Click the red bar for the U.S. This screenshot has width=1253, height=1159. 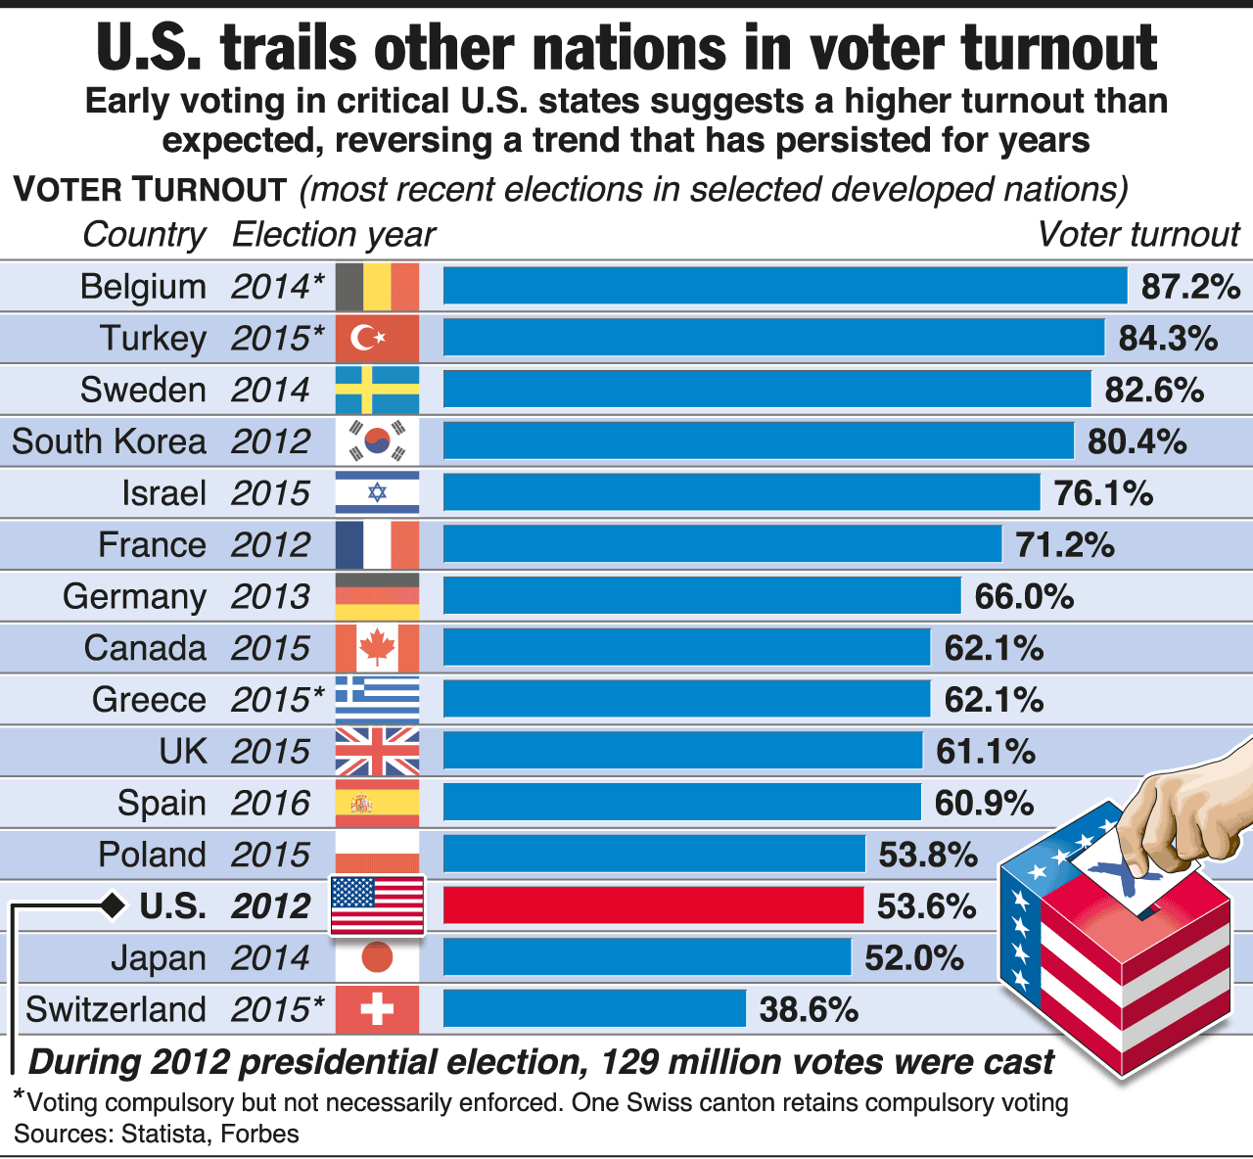coord(653,905)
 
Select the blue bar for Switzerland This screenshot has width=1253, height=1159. coord(594,1008)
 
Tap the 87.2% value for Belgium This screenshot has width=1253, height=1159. coord(1190,287)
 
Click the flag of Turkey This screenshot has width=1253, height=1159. coord(377,339)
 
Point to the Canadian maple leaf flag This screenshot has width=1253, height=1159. coord(377,648)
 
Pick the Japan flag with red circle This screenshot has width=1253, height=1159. coord(377,957)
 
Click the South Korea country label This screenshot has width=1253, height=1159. coord(109,441)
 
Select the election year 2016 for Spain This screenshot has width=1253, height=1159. coord(270,803)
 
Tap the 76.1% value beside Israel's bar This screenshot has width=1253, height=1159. coord(1103,493)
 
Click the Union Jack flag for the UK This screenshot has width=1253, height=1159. coord(377,752)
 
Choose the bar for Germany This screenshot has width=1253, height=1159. coord(702,596)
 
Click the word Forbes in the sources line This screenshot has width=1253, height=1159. coord(259,1134)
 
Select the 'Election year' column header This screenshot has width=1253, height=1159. coord(333,235)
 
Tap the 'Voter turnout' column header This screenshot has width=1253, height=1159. coord(1137,235)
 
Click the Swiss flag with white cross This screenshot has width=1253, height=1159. coord(377,1009)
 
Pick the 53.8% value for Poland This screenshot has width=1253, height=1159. coord(927,855)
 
